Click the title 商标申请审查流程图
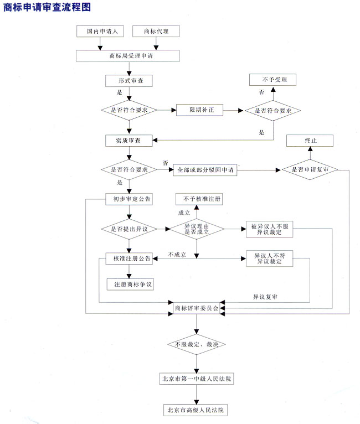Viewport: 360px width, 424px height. tap(47, 7)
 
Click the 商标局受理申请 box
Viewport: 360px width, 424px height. tap(128, 56)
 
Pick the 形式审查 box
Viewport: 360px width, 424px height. tap(128, 81)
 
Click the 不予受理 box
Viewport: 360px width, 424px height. tap(272, 80)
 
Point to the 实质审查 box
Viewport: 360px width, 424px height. tap(128, 141)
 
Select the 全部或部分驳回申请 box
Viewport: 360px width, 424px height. tap(205, 170)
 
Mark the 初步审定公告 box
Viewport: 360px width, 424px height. tap(128, 199)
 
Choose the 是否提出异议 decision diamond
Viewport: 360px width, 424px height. tap(128, 229)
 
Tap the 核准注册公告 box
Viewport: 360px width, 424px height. tap(128, 258)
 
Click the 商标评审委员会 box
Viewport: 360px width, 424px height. tap(196, 307)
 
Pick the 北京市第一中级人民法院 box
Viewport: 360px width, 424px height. tap(196, 379)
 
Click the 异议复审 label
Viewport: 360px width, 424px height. tap(265, 297)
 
